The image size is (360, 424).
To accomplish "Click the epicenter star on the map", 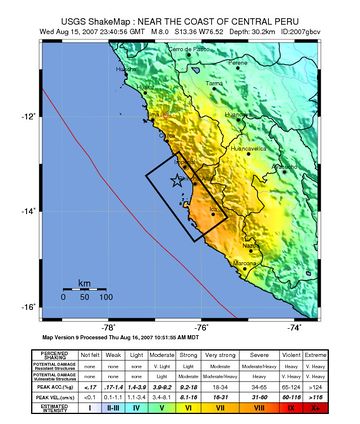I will (178, 180).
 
